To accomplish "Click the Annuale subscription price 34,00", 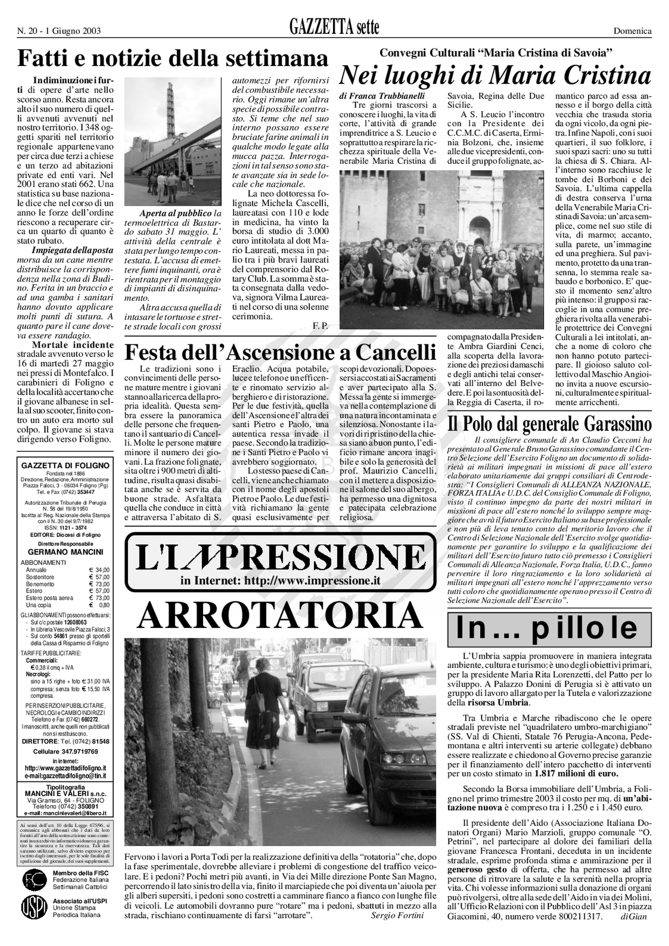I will [x=102, y=570].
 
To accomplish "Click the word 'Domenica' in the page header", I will [x=633, y=31].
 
